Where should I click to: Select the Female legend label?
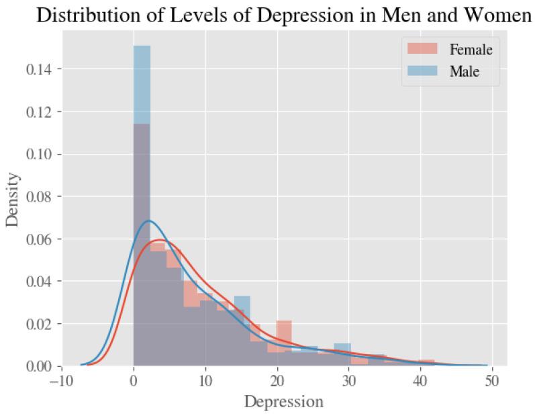coord(471,49)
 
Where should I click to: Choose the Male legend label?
coord(465,71)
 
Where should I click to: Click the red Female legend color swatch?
coord(420,49)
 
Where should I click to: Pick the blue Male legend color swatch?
coord(420,71)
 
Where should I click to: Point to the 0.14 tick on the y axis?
coord(41,69)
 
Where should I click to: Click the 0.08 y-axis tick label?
coord(41,197)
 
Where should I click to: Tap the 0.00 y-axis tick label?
coord(41,366)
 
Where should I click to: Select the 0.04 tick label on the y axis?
coord(41,282)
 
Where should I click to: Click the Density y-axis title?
coord(13,200)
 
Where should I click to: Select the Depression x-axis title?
coord(283,403)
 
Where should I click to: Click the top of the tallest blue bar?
coord(142,46)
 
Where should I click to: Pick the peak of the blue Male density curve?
coord(149,221)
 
